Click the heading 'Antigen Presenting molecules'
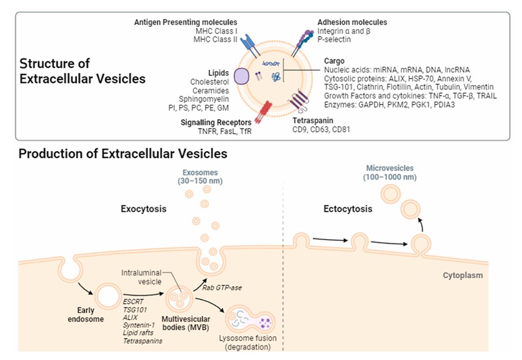tap(186, 22)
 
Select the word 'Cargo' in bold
tap(335, 60)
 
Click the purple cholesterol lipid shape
tap(242, 76)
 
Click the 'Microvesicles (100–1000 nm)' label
tap(391, 172)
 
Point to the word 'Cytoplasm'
tap(463, 275)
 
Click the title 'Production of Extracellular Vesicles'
tap(123, 153)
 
